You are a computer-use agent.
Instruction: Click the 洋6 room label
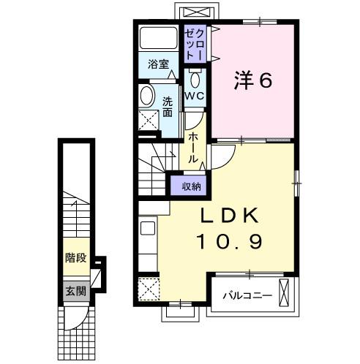pos(253,80)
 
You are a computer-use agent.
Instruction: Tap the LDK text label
pos(229,216)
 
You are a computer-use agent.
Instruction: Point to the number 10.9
pos(230,241)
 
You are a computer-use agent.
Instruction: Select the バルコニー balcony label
pos(247,296)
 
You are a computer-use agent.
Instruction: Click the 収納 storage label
pos(192,186)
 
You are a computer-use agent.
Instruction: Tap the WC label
pos(195,96)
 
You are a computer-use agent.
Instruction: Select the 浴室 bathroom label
pos(159,64)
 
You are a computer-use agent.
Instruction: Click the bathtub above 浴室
pos(159,38)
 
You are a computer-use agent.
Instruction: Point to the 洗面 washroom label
pos(168,107)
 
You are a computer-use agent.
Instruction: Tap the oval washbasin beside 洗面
pos(147,96)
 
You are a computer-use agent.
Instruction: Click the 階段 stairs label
pos(76,258)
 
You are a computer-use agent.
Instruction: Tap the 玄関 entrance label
pos(76,291)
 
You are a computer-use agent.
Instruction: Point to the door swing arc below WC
pos(197,124)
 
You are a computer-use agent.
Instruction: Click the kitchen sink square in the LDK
pos(148,228)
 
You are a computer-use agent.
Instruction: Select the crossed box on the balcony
pos(284,292)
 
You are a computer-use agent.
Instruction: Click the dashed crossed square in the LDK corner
pos(149,289)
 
